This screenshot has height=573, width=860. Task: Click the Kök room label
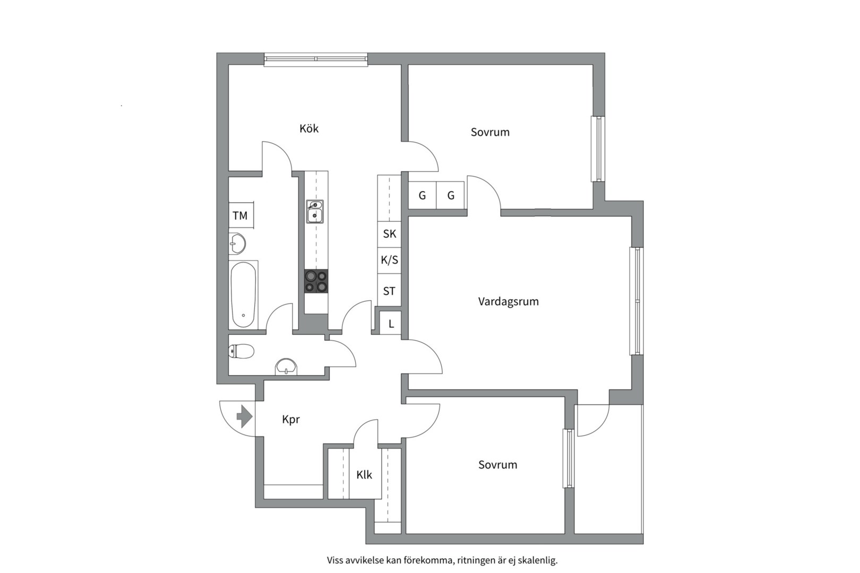[309, 128]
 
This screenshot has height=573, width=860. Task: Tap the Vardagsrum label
[509, 302]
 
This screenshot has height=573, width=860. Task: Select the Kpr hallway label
[290, 420]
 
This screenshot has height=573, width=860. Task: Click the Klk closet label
[364, 475]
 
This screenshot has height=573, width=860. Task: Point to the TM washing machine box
[241, 215]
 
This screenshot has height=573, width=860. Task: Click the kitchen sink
[315, 212]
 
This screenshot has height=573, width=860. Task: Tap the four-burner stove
[316, 281]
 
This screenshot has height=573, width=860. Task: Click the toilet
[241, 351]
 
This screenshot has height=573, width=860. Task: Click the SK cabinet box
[389, 234]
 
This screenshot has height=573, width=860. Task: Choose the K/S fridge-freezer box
[389, 260]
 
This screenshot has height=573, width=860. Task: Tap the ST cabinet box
[389, 291]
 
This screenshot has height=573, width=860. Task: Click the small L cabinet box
[391, 324]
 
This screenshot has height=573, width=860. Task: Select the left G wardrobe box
[423, 195]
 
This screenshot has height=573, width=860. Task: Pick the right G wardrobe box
[451, 195]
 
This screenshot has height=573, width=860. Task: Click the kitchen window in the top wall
[316, 59]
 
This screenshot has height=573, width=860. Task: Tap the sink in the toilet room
[286, 367]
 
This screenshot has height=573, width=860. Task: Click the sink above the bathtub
[237, 244]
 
